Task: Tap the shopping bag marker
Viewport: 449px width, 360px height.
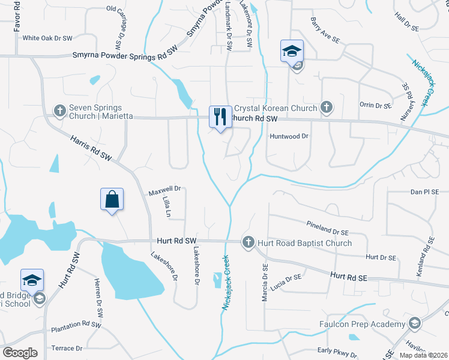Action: tap(112, 199)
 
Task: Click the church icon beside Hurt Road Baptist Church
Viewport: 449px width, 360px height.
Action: tap(248, 242)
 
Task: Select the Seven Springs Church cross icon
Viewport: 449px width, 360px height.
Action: tap(59, 110)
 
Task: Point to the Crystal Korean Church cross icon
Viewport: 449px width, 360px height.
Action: tap(326, 108)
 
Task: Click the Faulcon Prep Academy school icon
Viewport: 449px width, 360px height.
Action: tap(414, 325)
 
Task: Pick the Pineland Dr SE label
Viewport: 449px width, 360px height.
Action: tap(327, 232)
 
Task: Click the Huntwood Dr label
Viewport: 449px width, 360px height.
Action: tap(289, 136)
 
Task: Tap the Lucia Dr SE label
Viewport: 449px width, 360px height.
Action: tap(285, 278)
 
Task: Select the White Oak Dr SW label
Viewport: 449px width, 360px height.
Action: tap(47, 38)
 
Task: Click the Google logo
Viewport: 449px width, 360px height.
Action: tap(20, 352)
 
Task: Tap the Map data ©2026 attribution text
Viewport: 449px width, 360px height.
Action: tap(423, 355)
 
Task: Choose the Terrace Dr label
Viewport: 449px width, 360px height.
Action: tap(67, 348)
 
